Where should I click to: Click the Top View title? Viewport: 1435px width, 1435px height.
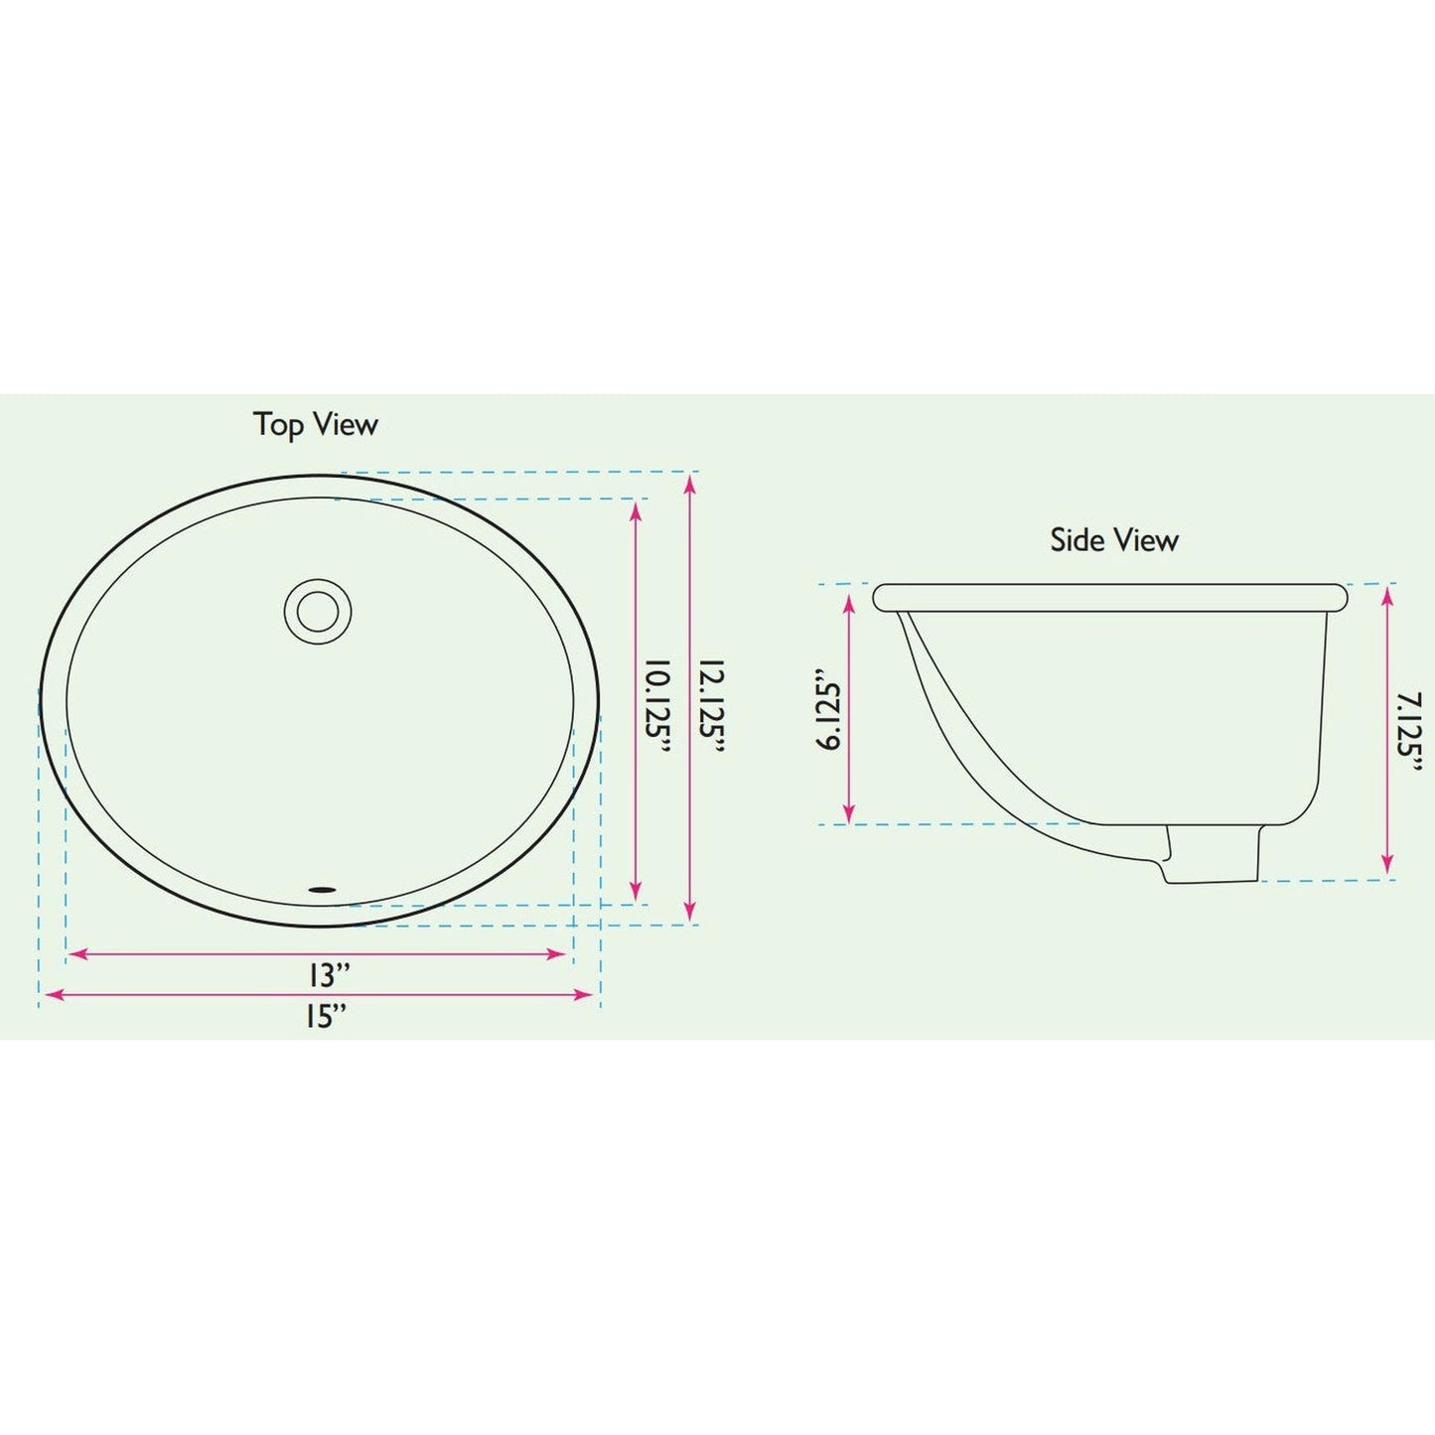[316, 425]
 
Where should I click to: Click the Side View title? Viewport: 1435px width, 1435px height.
[1114, 541]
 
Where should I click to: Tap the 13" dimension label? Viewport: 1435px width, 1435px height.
[329, 976]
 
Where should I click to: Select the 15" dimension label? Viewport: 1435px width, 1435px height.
[327, 1017]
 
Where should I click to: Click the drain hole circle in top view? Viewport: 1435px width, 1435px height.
[318, 611]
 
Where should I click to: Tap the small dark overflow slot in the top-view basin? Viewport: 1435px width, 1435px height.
[323, 889]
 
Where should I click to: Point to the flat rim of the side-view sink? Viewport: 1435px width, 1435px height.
[1109, 597]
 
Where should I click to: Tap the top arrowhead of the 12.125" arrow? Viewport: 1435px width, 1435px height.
[690, 483]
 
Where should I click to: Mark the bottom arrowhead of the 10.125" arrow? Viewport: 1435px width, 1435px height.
[637, 892]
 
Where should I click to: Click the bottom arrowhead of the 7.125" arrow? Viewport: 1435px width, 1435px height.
[1388, 866]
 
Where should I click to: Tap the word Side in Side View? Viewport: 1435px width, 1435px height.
[1077, 541]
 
